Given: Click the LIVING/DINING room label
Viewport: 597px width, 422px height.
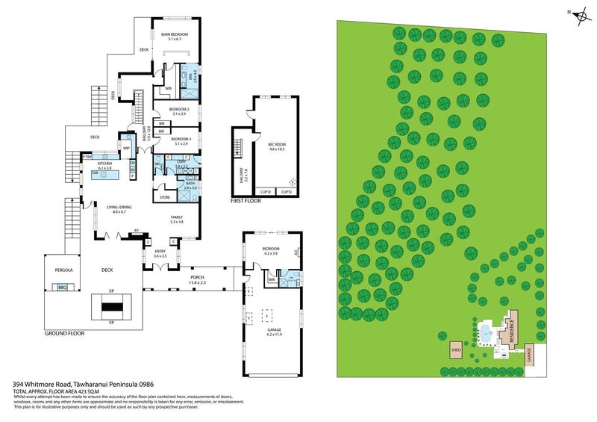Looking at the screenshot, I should coord(119,208).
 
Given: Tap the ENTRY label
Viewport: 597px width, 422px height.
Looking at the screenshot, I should coord(160,252).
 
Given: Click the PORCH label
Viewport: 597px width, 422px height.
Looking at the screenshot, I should coord(196,276).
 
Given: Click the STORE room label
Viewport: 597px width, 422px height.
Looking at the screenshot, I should coord(164,198).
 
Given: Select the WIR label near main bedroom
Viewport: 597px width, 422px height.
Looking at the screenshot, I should coord(169,88).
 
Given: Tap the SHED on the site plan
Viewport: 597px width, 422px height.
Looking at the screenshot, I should coord(454,349).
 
